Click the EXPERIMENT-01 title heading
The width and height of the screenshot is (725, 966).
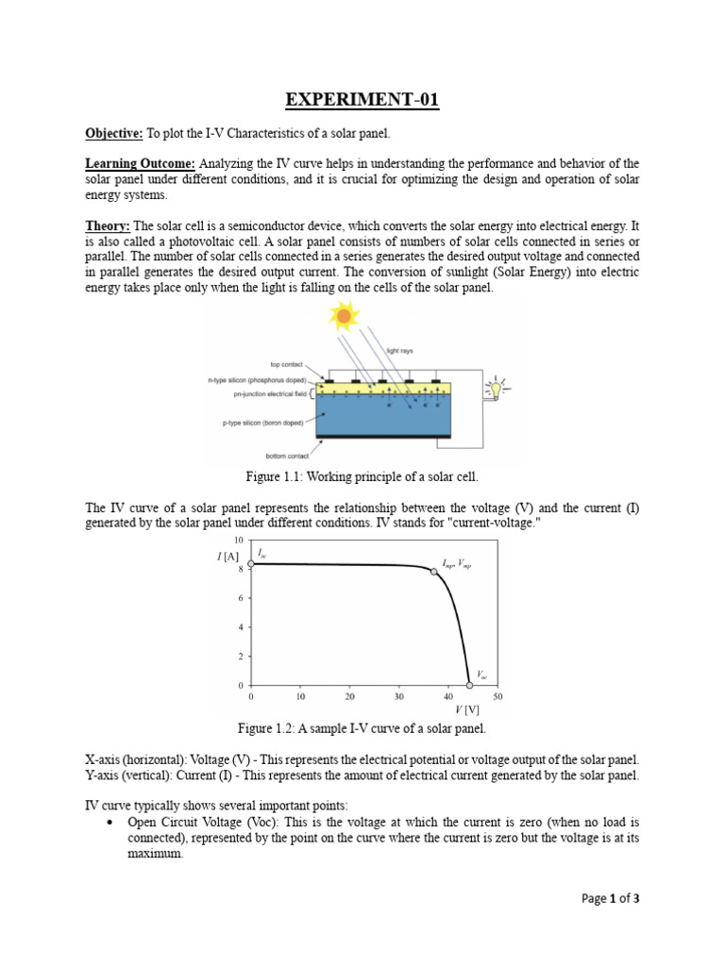[362, 101]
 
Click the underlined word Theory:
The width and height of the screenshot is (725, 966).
[108, 226]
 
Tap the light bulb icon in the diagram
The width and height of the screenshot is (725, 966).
[494, 388]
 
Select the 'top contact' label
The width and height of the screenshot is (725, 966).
[288, 364]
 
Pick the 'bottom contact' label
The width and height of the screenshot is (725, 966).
[288, 455]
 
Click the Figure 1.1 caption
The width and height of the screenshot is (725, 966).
[362, 477]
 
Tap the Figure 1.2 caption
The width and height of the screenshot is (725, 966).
[362, 729]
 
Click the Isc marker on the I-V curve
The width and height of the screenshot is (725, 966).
[251, 563]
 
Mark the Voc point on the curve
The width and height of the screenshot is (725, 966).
[469, 685]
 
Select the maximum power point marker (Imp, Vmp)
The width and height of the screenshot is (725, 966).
[434, 572]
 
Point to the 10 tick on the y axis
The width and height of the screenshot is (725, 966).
[239, 541]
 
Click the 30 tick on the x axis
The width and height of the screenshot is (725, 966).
[399, 696]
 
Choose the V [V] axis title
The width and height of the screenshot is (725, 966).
[467, 709]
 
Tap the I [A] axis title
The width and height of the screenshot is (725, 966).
[227, 558]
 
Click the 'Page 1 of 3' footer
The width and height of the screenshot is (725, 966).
[610, 899]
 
